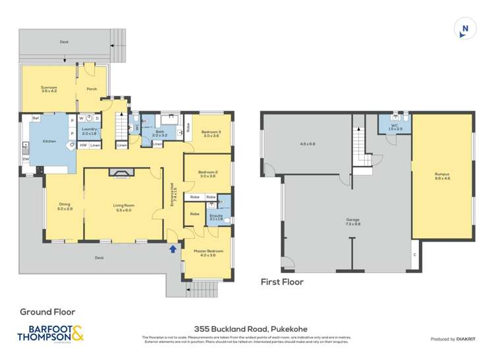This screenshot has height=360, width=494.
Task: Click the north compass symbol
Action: pos(465,28)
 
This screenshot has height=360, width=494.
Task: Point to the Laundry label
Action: pos(90,130)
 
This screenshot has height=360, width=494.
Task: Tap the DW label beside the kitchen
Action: pos(24,159)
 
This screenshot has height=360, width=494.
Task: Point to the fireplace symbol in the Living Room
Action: pos(122,174)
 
